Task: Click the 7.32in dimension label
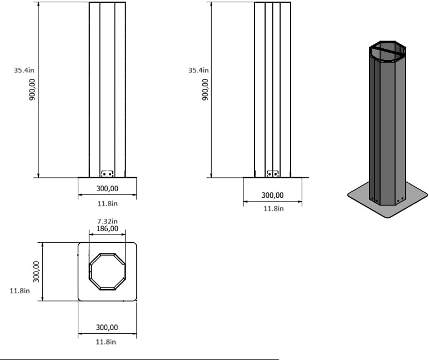pos(107,221)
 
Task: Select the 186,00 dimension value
pos(107,228)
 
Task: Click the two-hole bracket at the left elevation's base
pos(107,174)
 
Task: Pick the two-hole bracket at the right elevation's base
pos(272,174)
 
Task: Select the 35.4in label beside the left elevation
pos(24,71)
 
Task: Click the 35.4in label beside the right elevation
pos(198,71)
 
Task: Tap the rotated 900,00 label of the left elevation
pos(32,89)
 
